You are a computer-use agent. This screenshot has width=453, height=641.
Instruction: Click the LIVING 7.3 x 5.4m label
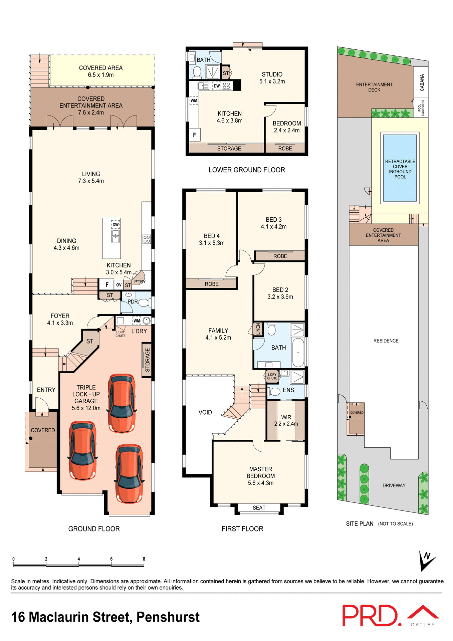coord(91,177)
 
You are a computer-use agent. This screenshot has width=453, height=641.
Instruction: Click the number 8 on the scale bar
coord(144,559)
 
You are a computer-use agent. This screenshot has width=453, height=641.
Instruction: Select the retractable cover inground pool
coord(400,168)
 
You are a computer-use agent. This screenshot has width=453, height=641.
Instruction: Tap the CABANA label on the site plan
coord(422,82)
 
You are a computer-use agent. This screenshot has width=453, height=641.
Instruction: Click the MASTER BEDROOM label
coord(261,476)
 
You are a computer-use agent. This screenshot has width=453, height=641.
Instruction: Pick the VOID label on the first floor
coord(205,412)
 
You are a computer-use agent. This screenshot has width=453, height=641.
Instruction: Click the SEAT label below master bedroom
coord(259,508)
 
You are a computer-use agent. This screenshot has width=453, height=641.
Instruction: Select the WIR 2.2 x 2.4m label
coord(286,420)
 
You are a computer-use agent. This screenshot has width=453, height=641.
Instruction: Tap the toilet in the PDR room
coord(144,303)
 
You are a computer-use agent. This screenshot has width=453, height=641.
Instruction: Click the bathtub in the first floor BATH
coord(298,353)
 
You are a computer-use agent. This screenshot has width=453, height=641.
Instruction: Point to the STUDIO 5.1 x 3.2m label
coord(272,78)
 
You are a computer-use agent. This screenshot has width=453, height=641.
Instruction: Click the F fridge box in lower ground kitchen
coord(194,135)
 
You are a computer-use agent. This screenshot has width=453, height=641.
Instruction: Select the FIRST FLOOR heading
coord(242,529)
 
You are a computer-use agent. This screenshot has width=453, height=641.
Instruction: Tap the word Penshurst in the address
coord(168,617)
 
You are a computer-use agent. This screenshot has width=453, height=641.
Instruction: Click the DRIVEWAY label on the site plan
coord(394,485)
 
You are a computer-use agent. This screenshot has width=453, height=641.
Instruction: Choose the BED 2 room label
coord(280,293)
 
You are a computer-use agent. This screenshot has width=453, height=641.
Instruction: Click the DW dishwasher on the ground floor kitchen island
coord(116,225)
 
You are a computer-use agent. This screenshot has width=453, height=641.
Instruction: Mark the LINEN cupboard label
coord(258,329)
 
